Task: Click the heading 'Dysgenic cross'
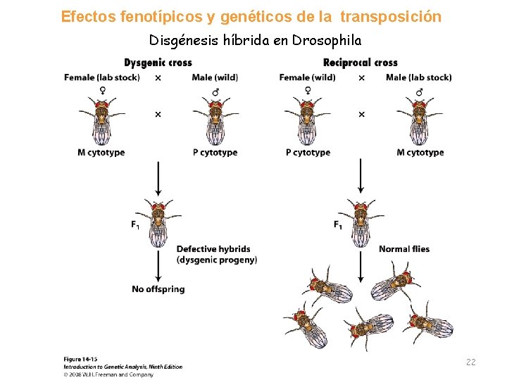[158, 63]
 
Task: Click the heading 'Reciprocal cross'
[360, 63]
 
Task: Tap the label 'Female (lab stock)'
[101, 77]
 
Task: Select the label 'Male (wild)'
[215, 77]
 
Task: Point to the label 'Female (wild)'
[307, 77]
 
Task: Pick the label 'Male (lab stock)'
[418, 77]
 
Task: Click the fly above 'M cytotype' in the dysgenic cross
[101, 121]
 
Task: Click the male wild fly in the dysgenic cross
[215, 121]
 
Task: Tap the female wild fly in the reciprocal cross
[308, 121]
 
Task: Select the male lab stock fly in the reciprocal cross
[420, 121]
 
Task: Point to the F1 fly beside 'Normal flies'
[360, 221]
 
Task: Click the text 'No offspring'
[158, 289]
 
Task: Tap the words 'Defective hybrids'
[213, 249]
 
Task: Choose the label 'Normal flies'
[403, 249]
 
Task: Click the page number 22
[470, 362]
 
